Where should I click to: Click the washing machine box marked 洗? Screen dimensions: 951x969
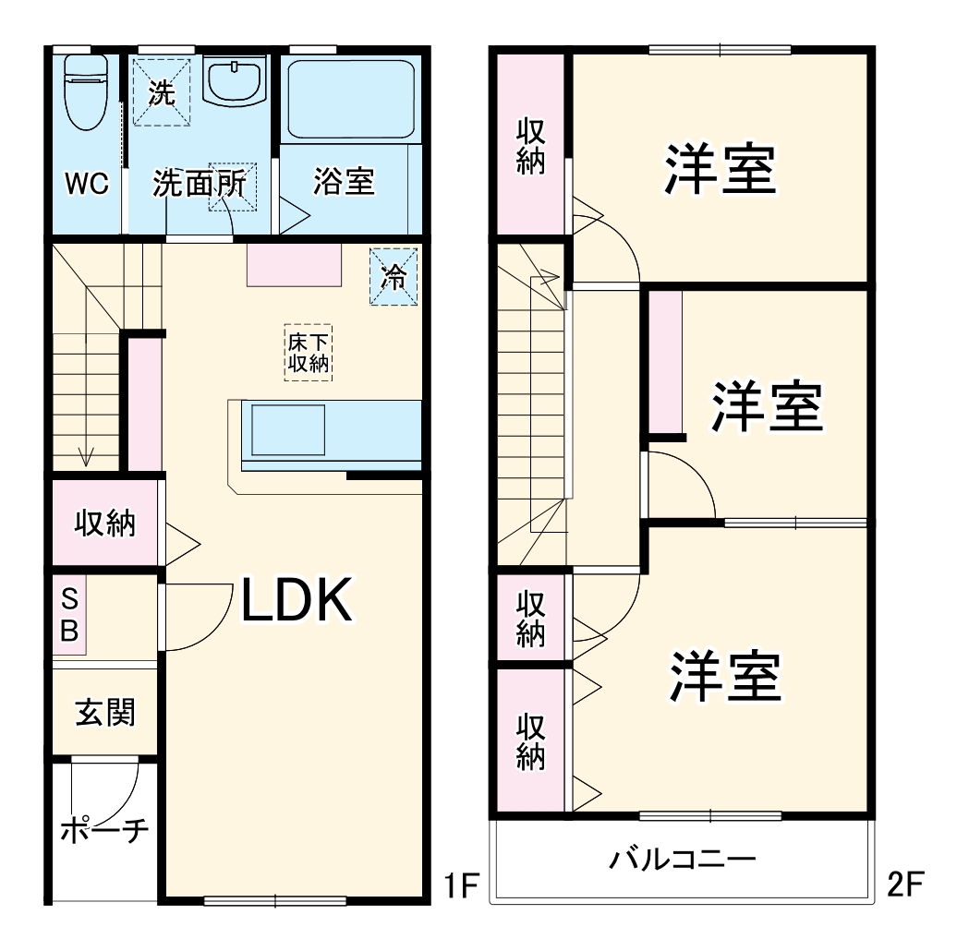point(161,91)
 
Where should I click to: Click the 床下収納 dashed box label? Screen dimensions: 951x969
point(307,352)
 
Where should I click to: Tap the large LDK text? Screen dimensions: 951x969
point(297,601)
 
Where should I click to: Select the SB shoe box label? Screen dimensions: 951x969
point(70,616)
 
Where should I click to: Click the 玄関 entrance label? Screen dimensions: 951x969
point(104,712)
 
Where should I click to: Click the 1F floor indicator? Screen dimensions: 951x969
point(456,887)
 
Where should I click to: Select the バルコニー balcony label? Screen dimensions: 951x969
point(682,860)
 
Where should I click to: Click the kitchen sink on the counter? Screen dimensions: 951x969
point(288,430)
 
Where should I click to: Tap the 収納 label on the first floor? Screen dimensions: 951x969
point(104,524)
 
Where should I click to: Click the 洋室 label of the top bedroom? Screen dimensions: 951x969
point(719,169)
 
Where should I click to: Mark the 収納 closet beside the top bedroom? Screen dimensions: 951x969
point(530,146)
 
